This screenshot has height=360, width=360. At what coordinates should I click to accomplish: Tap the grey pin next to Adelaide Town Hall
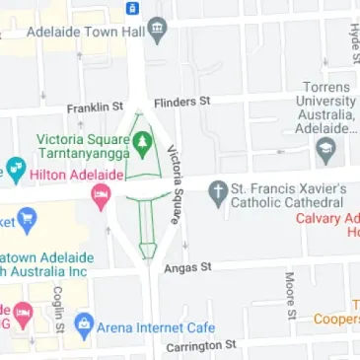(x=157, y=30)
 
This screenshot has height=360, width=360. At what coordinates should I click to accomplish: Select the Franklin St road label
(x=94, y=107)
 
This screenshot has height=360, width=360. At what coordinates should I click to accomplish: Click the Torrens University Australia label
(x=326, y=107)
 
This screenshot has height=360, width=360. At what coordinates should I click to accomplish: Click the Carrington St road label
(x=201, y=346)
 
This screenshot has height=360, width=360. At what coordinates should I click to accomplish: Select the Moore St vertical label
(x=290, y=296)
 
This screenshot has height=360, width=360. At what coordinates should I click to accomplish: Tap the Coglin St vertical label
(x=58, y=308)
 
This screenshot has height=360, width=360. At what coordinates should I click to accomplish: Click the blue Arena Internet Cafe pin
(x=85, y=324)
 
